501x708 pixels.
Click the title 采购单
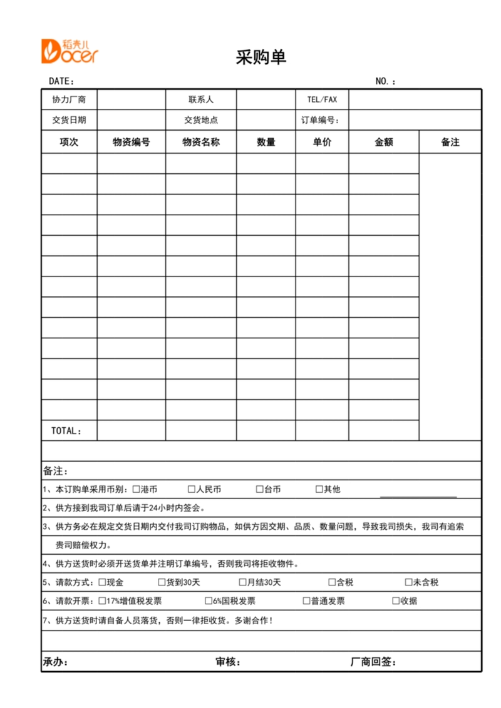[x=261, y=58]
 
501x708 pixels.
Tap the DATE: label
[x=61, y=81]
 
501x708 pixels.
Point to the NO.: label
[x=385, y=81]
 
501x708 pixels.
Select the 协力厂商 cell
[x=69, y=99]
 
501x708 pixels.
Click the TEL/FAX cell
[x=322, y=99]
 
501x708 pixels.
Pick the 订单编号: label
[x=320, y=120]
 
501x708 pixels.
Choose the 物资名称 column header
[x=201, y=142]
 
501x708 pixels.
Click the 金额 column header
[x=383, y=142]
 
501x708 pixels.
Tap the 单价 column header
[x=322, y=142]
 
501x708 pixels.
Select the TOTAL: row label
[x=66, y=431]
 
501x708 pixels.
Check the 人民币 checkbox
[x=192, y=489]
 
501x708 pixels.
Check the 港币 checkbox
[x=136, y=489]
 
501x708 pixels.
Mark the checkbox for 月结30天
[x=242, y=582]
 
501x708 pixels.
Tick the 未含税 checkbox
[x=408, y=582]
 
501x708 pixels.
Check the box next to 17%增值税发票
[x=102, y=601]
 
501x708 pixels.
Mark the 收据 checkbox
[x=396, y=601]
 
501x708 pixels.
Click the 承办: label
[x=55, y=662]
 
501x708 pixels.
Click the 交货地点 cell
[x=201, y=120]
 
